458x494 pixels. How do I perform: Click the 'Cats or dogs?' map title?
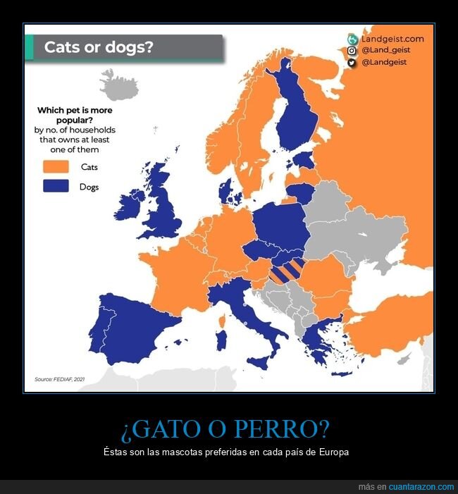tap(99, 47)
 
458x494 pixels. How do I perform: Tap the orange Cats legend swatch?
tap(56, 167)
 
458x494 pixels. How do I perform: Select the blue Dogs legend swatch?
tap(56, 187)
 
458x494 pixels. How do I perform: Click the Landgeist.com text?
tap(392, 39)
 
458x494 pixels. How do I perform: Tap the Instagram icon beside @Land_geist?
tap(352, 51)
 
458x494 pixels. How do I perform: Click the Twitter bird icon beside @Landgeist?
tap(352, 63)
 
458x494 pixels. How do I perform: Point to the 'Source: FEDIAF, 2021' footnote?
tap(59, 379)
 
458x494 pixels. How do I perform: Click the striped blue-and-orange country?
tap(287, 271)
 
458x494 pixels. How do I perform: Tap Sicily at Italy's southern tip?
tap(257, 363)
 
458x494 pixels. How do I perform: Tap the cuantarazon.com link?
tap(421, 487)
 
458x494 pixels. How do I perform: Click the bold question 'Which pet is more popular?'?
tap(75, 115)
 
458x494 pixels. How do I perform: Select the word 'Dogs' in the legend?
tap(89, 187)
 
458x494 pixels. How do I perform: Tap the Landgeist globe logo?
tap(352, 39)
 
